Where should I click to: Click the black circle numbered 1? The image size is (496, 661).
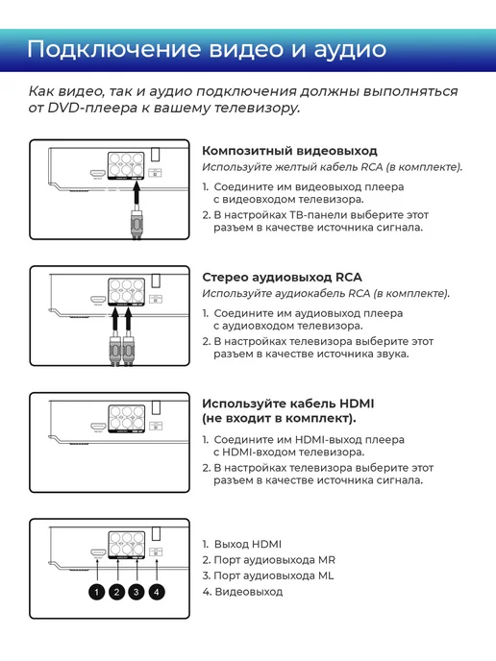point(96,592)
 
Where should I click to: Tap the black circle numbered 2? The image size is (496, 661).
point(117,592)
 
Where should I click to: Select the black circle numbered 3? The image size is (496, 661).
point(136,592)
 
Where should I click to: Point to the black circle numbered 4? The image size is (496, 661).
point(157,592)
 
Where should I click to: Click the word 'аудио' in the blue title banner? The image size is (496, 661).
point(350,50)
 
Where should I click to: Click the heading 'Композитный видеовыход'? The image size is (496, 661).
point(289,151)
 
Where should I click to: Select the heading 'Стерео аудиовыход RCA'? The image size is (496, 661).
point(282,277)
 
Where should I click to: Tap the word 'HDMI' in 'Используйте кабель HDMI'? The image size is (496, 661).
point(357,404)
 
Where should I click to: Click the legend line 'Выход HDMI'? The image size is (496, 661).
point(247,544)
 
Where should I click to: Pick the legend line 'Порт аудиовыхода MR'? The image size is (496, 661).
point(274,560)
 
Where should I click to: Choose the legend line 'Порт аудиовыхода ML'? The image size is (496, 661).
point(273,575)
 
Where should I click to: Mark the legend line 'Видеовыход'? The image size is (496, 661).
point(248,592)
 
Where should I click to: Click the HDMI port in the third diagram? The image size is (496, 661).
point(98,427)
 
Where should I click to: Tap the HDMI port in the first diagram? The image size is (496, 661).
point(97,173)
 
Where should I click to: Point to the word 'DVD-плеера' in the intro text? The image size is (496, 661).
point(92,108)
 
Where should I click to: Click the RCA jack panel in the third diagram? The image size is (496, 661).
point(127,419)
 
